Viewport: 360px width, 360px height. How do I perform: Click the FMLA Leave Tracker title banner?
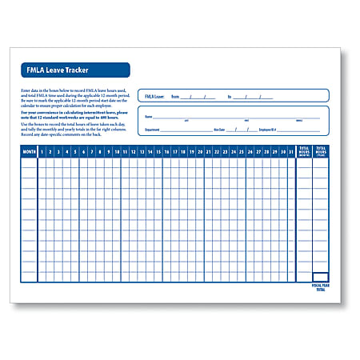[74, 70]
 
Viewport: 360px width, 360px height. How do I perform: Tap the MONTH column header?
[30, 150]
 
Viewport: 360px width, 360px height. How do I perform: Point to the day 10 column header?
[117, 150]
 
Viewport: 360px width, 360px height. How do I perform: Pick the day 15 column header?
[158, 150]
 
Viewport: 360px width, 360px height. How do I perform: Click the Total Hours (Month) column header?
[304, 150]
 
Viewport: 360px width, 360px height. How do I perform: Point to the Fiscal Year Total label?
[320, 287]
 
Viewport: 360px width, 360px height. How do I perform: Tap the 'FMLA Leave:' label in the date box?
[154, 96]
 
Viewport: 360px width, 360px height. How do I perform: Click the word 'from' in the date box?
[174, 96]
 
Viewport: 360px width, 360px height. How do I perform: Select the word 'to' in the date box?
[230, 96]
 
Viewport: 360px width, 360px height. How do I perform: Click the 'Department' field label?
[153, 128]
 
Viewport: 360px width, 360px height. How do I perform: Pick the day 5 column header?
[76, 150]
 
